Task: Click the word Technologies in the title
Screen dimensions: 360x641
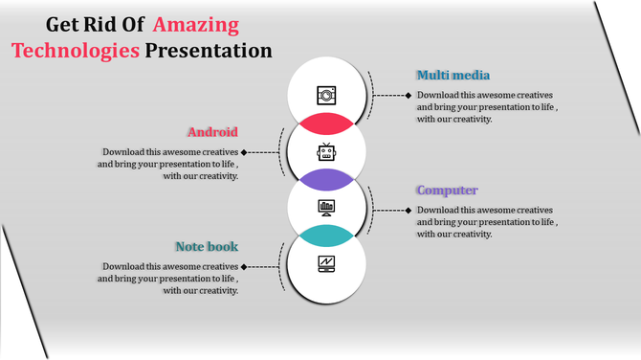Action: [x=76, y=51]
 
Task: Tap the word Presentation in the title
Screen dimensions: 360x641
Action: [x=208, y=51]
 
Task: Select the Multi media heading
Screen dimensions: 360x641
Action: [x=453, y=75]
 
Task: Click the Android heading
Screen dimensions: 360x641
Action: [x=212, y=132]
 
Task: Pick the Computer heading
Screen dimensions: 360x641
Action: [x=447, y=191]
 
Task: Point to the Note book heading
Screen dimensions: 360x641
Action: [x=207, y=247]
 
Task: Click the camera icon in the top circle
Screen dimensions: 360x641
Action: [x=327, y=95]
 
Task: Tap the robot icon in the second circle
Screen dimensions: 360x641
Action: [x=327, y=151]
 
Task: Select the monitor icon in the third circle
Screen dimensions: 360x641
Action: [x=327, y=207]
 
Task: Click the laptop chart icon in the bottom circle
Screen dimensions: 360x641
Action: [x=327, y=263]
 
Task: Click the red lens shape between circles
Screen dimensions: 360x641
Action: [x=327, y=124]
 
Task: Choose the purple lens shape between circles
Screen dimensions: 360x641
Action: [x=327, y=179]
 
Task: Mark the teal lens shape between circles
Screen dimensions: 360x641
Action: [x=327, y=236]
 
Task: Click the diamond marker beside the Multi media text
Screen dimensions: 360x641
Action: [x=409, y=95]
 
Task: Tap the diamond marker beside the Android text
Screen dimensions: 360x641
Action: [x=245, y=152]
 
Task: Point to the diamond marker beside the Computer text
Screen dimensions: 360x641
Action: [x=409, y=210]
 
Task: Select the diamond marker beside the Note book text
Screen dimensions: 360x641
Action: [x=245, y=267]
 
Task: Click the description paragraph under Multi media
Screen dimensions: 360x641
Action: [x=485, y=107]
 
